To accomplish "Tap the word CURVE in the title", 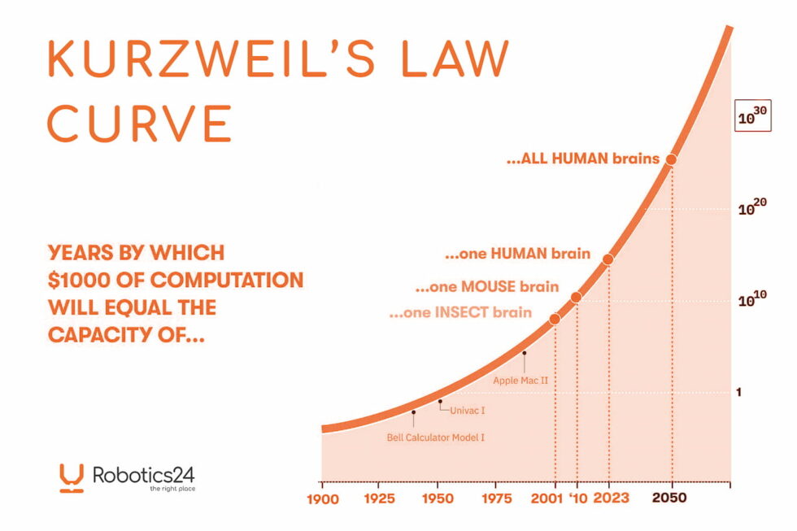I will (x=140, y=124).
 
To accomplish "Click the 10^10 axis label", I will (x=752, y=299).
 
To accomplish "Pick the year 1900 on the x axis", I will (x=322, y=498).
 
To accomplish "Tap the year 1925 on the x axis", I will (x=380, y=498).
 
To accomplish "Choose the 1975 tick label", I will (x=495, y=498).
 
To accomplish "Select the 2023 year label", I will (x=610, y=498).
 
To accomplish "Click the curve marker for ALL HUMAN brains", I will (x=671, y=159).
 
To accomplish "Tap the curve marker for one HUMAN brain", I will (x=608, y=259).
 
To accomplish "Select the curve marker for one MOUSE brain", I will (x=576, y=298).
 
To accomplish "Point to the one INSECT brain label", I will (x=460, y=312).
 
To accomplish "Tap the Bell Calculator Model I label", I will (x=435, y=438).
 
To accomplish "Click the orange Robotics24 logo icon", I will (x=72, y=477).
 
